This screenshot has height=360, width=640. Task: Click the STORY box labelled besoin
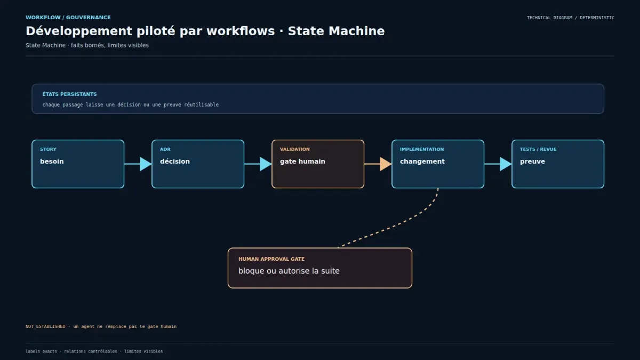[78, 164]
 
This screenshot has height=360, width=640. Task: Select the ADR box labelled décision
[198, 164]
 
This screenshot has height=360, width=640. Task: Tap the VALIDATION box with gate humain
[318, 164]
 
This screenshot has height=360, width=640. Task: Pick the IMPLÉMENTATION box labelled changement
[438, 164]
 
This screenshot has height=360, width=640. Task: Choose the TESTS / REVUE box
[558, 164]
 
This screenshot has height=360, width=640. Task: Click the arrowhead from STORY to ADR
[146, 164]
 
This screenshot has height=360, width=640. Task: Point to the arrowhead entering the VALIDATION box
[266, 164]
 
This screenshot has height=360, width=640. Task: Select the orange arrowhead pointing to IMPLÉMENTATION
[386, 164]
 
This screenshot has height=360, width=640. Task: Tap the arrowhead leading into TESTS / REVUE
[506, 164]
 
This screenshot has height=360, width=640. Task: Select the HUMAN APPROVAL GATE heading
[271, 259]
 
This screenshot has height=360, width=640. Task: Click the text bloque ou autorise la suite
[289, 271]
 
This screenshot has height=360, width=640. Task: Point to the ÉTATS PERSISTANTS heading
[69, 94]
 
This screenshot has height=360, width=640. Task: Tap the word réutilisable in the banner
[201, 105]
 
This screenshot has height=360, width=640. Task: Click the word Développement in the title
[79, 31]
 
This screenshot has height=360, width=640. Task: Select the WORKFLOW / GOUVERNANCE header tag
[68, 18]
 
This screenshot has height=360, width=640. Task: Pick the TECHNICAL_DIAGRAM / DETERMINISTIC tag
[571, 18]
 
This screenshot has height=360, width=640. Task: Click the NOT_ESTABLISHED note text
[101, 326]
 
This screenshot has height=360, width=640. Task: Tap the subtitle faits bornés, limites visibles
[110, 45]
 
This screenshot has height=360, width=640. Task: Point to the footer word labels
[33, 351]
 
